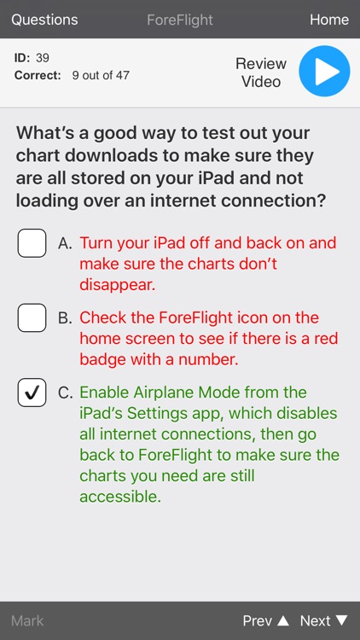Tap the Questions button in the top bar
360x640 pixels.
(44, 20)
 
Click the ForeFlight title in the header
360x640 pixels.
(180, 20)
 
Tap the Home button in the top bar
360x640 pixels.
(328, 20)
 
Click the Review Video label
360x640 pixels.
(261, 73)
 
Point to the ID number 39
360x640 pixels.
(43, 58)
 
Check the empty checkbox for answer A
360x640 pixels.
(32, 243)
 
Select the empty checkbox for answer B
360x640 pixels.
(32, 318)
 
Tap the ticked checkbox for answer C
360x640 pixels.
(32, 393)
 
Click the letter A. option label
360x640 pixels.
(65, 243)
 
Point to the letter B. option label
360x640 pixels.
(65, 318)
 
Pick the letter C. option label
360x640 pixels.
(65, 393)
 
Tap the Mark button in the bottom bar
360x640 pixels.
(27, 620)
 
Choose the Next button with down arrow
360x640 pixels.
(323, 620)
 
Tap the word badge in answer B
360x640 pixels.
(103, 359)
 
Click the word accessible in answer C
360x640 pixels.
(119, 496)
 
